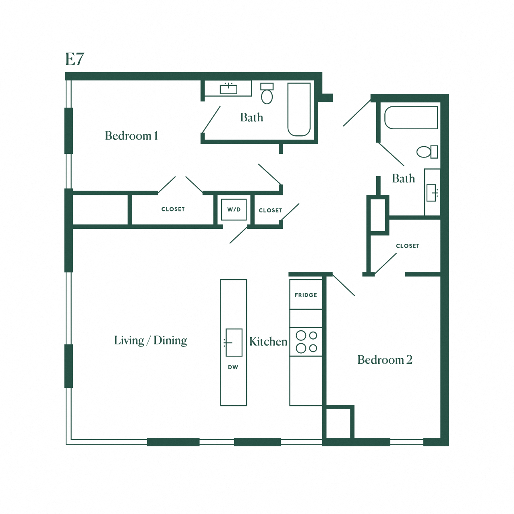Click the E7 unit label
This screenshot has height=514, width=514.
[x=75, y=59]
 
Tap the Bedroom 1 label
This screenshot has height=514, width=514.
[x=131, y=136]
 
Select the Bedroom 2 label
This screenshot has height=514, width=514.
[x=385, y=360]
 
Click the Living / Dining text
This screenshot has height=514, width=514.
[x=150, y=340]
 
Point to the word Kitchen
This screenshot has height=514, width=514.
[x=268, y=342]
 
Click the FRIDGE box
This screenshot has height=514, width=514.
[x=306, y=295]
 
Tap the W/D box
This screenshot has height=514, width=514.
[x=234, y=209]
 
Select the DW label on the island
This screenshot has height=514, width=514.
[x=233, y=367]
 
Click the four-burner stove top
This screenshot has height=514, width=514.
[x=306, y=342]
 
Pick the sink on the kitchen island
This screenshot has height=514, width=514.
[x=234, y=342]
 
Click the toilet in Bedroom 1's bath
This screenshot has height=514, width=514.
[x=267, y=94]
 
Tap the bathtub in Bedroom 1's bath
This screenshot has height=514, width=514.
[x=299, y=110]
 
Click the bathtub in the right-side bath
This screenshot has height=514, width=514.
[x=411, y=118]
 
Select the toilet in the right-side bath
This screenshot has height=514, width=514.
[x=427, y=152]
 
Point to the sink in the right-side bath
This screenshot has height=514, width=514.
[x=432, y=193]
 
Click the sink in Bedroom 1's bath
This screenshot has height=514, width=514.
[x=228, y=89]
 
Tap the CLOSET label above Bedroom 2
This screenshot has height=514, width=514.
[x=407, y=246]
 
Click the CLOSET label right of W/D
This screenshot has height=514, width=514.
[x=270, y=210]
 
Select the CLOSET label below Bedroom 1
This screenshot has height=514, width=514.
[x=173, y=209]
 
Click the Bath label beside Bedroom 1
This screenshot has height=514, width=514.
[x=251, y=118]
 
